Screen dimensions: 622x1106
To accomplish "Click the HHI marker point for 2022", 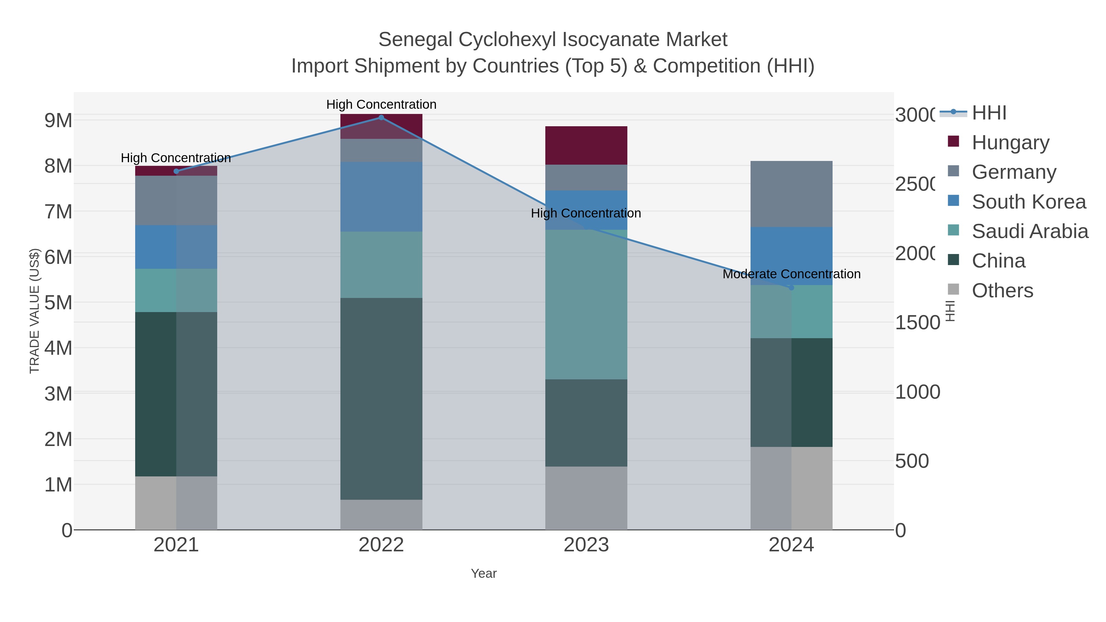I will tap(381, 118).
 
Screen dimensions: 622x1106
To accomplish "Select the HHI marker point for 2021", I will tap(176, 171).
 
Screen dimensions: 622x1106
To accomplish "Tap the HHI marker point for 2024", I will tap(791, 288).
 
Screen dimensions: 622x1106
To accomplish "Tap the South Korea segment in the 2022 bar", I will tap(381, 197).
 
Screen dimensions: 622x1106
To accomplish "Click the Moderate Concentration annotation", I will tap(791, 274).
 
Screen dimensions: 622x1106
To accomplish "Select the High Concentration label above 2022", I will tap(381, 104).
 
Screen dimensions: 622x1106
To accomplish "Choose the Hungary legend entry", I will tap(1010, 142).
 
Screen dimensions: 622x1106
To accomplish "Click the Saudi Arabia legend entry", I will tap(1030, 231).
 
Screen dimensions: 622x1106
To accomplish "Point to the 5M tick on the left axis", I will tap(58, 303).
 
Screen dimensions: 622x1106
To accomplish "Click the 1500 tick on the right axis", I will tap(917, 323).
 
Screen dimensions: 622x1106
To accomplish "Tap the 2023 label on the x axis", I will tap(586, 545).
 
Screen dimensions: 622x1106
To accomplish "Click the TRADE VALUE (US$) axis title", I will tap(34, 311).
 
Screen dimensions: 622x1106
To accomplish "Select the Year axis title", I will tap(484, 573).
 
